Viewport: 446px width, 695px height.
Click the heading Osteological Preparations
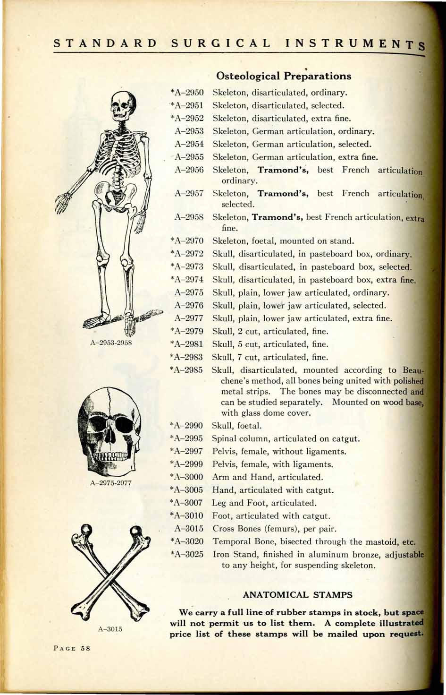tap(283, 76)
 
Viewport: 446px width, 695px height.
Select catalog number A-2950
tap(187, 93)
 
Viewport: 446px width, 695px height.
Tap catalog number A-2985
tap(186, 370)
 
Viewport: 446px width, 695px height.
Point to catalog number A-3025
tap(186, 554)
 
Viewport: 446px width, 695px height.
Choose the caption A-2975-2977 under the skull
tap(111, 483)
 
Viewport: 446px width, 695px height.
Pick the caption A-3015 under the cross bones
tap(110, 629)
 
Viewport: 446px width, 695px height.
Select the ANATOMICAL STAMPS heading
tap(297, 594)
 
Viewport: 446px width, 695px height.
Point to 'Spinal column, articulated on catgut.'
tap(286, 438)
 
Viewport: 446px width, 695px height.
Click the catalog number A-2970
tap(186, 241)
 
